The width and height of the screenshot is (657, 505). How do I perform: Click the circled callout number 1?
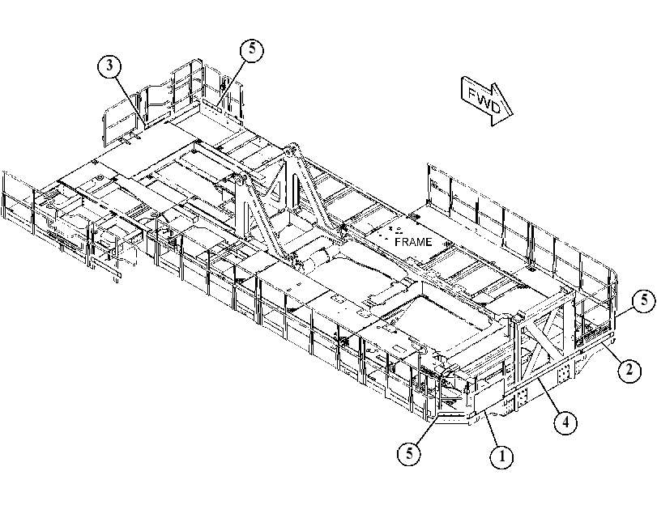pyautogui.click(x=501, y=456)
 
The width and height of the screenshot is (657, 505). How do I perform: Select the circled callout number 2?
pyautogui.click(x=629, y=370)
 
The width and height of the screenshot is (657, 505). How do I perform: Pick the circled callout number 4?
pyautogui.click(x=565, y=422)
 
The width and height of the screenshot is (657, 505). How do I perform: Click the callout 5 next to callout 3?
pyautogui.click(x=251, y=49)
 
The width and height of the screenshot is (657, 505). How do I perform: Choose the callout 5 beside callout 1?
pyautogui.click(x=409, y=453)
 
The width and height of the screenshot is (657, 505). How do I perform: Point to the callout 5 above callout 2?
pyautogui.click(x=644, y=300)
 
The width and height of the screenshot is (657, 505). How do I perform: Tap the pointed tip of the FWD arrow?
pyautogui.click(x=514, y=114)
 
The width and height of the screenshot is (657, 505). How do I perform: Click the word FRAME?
pyautogui.click(x=413, y=242)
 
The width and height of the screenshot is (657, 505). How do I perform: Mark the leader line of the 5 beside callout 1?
pyautogui.click(x=427, y=429)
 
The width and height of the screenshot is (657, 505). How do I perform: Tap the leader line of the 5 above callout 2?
pyautogui.click(x=625, y=310)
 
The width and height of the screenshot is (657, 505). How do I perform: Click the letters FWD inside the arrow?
pyautogui.click(x=484, y=100)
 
